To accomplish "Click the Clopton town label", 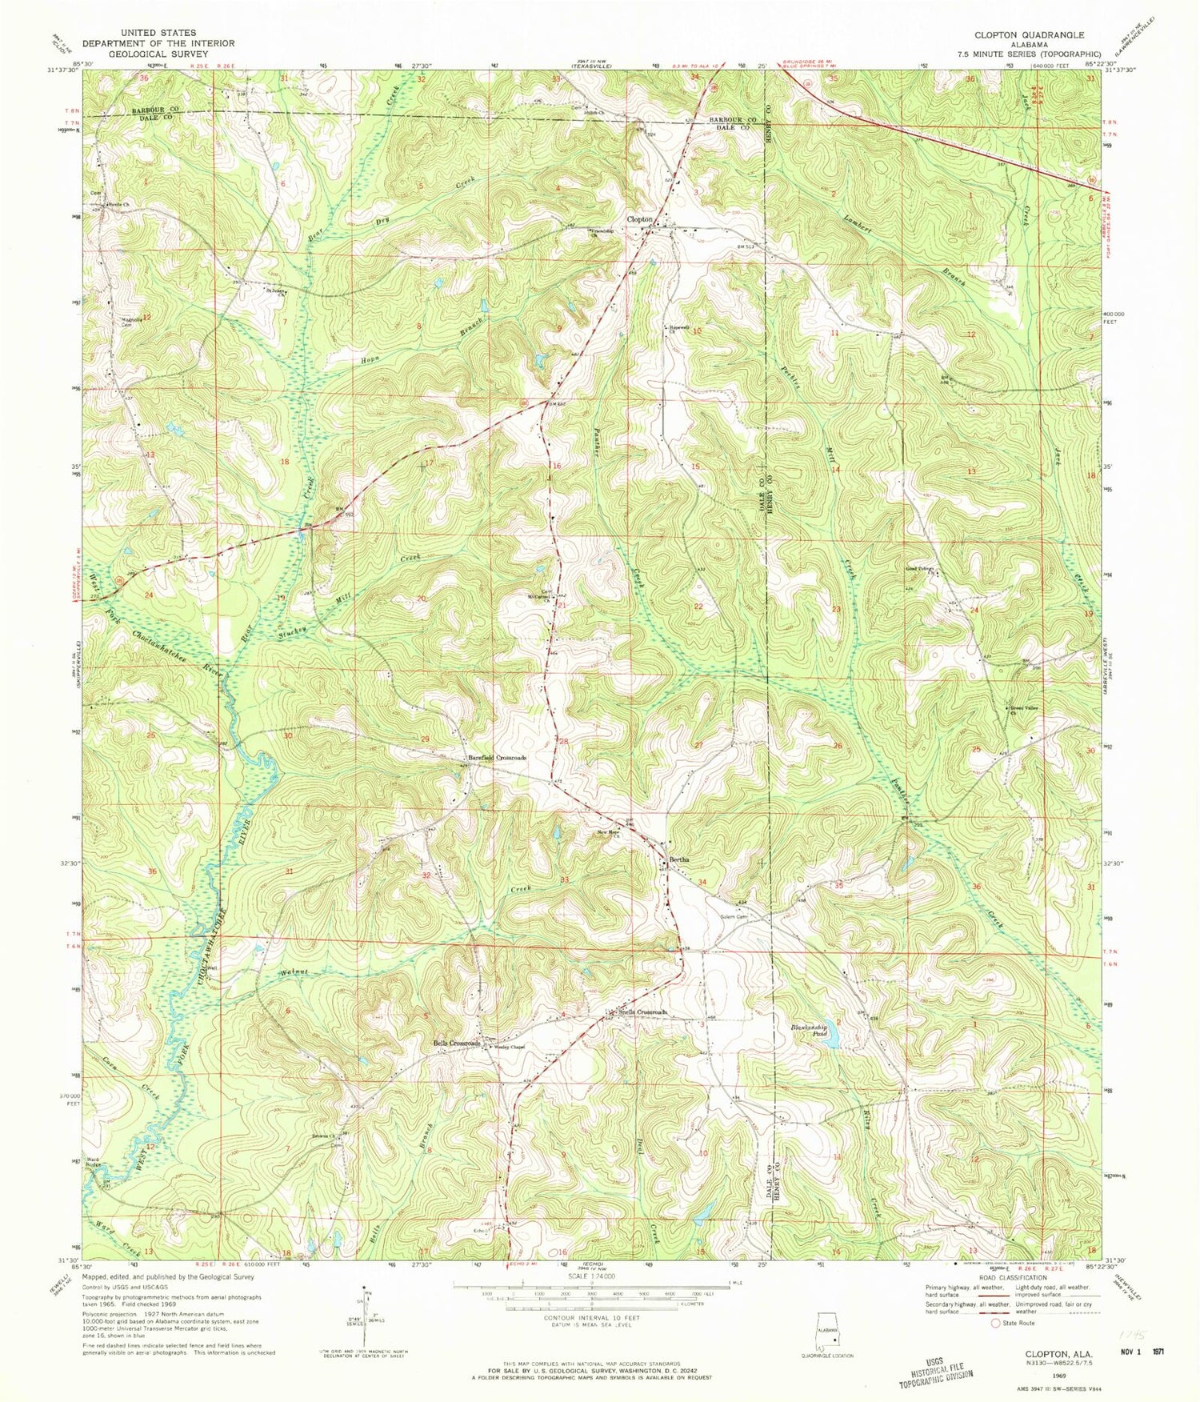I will tap(641, 218).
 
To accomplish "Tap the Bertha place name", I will tap(676, 860).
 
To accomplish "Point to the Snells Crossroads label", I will tap(642, 1012).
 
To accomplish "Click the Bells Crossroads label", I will tap(457, 1043).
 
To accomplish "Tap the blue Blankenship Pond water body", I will tap(833, 1040).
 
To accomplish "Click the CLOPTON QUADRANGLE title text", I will tap(1029, 35).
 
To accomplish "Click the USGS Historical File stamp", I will tap(935, 1372).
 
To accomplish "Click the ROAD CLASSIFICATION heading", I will tap(1005, 1278).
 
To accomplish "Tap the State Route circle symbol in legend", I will tap(996, 1323).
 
